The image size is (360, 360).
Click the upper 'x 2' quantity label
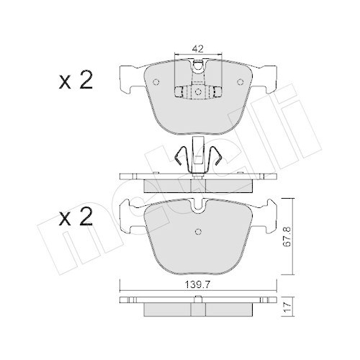76,81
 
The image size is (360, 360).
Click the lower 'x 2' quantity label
76,217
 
